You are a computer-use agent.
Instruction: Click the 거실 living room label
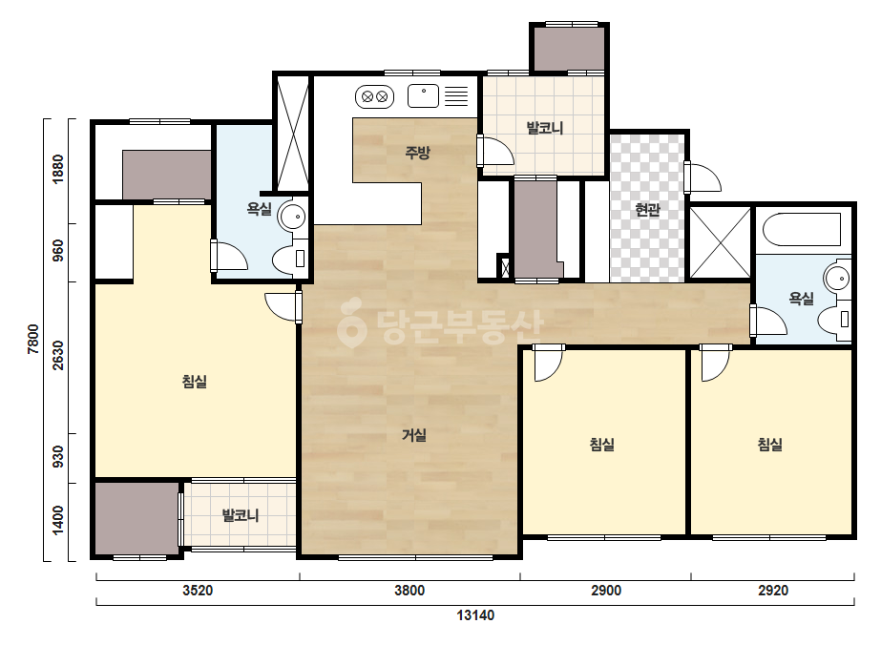coord(414,435)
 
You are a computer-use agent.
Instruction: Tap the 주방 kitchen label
coord(417,152)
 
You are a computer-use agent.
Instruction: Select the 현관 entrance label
coord(647,210)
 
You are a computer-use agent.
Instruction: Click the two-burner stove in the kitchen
coord(375,96)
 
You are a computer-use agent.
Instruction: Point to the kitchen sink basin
coord(423,96)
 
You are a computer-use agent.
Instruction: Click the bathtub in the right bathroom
coord(802,229)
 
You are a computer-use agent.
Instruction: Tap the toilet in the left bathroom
coord(290,258)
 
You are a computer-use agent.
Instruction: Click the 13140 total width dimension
coord(475,615)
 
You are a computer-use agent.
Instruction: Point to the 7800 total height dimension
coord(33,339)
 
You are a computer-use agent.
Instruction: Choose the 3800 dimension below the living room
coord(409,591)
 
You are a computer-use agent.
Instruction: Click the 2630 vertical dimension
coord(58,356)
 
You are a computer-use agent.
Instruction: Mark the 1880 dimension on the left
coord(58,169)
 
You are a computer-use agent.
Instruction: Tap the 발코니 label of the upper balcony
coord(544,128)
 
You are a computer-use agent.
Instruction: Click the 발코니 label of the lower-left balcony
coord(241,515)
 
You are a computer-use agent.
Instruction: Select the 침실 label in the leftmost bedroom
coord(195,382)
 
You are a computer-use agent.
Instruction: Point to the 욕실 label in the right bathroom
coord(801,299)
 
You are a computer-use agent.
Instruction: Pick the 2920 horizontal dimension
coord(773,591)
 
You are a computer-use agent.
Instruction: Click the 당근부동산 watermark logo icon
coord(351,322)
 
